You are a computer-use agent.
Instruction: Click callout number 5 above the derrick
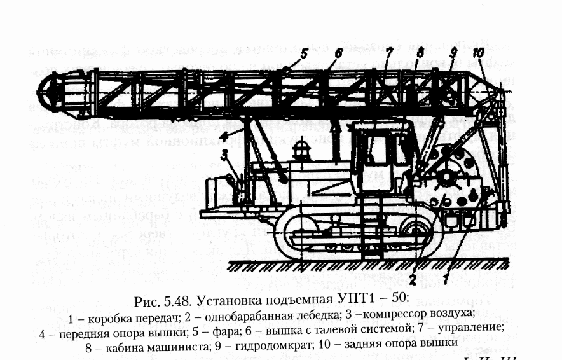[305, 54]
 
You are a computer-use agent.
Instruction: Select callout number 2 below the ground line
[413, 278]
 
